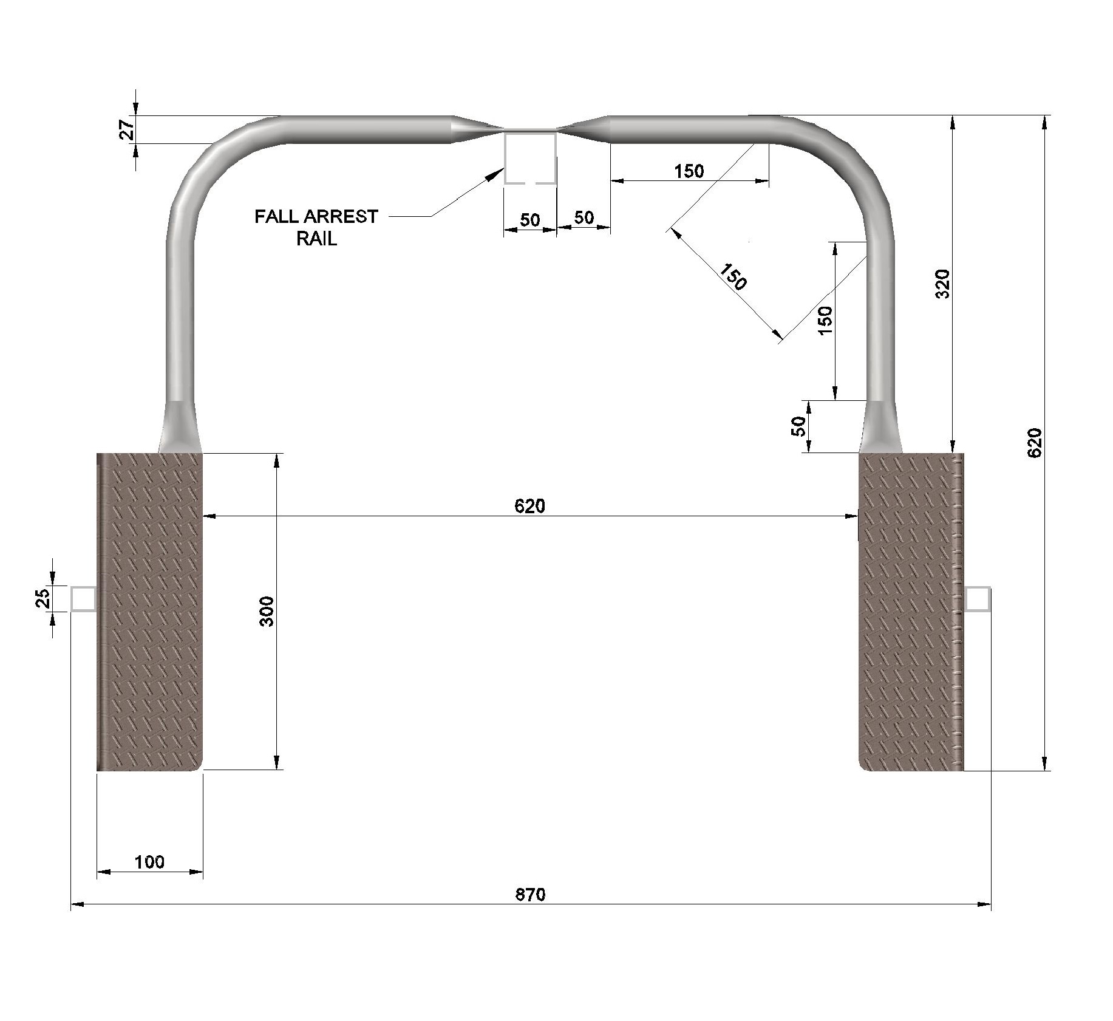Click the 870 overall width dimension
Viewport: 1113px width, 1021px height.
[531, 895]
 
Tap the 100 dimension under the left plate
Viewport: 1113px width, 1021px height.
[149, 862]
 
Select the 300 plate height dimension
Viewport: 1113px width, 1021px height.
[268, 612]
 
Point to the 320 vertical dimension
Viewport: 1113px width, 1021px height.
[942, 284]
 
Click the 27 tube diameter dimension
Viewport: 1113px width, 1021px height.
[127, 129]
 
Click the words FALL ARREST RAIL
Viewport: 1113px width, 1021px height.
[316, 227]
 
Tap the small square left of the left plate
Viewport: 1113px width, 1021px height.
[83, 598]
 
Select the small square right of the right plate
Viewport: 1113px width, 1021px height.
[978, 598]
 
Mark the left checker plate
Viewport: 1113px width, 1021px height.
[149, 612]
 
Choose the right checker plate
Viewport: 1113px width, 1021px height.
[911, 612]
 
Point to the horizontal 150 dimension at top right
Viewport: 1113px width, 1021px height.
[689, 171]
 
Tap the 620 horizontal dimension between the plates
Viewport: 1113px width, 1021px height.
[530, 505]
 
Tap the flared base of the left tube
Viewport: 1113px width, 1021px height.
[180, 426]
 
